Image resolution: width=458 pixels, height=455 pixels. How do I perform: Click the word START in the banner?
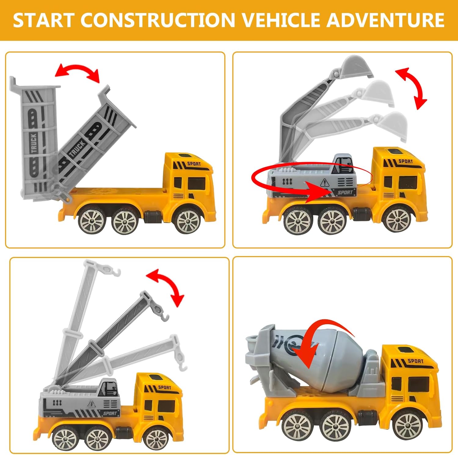(44, 20)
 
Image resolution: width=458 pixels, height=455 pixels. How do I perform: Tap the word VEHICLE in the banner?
(281, 20)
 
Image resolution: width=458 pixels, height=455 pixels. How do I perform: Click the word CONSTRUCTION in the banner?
(158, 20)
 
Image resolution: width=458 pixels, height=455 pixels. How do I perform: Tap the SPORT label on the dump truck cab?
(194, 164)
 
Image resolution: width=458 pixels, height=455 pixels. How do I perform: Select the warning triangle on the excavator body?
(324, 182)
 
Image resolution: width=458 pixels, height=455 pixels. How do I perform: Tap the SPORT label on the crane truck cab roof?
(165, 387)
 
